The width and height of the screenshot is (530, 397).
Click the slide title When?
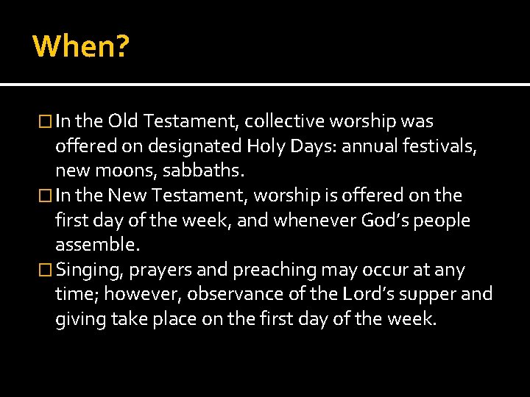(81, 46)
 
